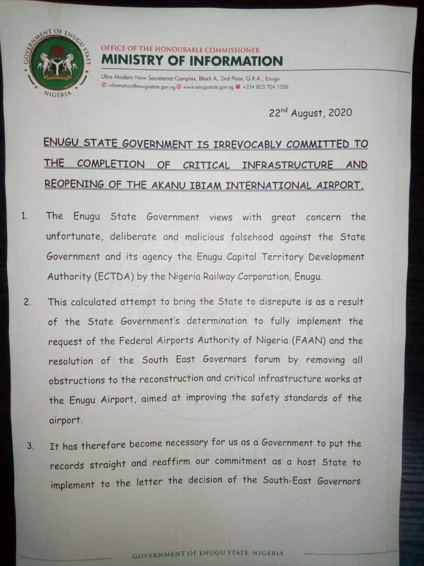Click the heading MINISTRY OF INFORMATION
pyautogui.click(x=192, y=61)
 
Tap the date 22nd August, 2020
pyautogui.click(x=310, y=113)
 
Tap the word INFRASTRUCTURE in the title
pyautogui.click(x=287, y=165)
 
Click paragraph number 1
pyautogui.click(x=25, y=215)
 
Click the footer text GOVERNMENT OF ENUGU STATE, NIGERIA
pyautogui.click(x=208, y=553)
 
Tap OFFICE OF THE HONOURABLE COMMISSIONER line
pyautogui.click(x=180, y=49)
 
